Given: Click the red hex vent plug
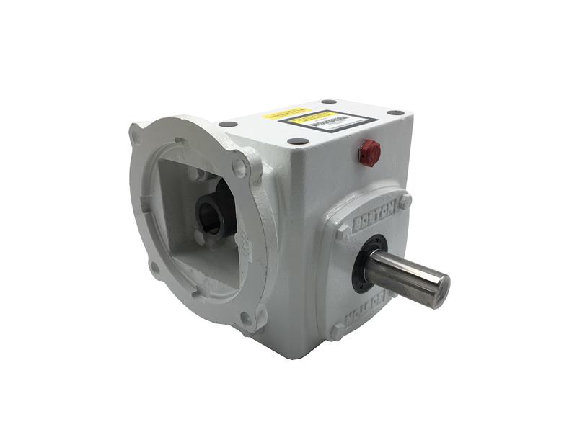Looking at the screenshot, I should click(369, 152).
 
